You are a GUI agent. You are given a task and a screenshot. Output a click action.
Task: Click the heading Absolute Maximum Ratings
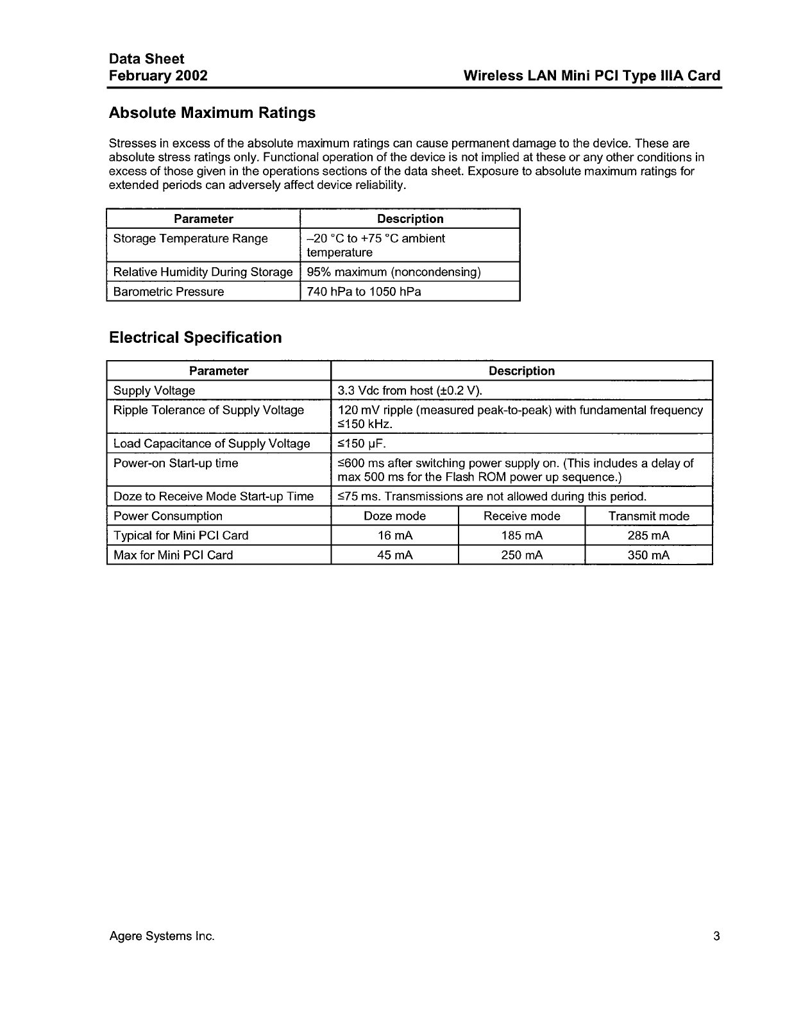212,113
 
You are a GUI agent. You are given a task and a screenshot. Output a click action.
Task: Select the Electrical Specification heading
195,338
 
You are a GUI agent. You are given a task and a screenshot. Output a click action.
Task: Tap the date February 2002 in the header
158,76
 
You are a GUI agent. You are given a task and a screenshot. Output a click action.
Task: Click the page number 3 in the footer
716,936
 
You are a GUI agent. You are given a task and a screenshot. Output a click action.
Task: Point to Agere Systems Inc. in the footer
162,936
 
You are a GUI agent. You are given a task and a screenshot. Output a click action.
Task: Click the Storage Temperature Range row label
190,238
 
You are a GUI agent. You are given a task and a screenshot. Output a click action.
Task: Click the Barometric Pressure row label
169,292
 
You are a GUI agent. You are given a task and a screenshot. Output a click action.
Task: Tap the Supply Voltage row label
154,390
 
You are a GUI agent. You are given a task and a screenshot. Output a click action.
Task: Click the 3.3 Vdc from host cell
410,390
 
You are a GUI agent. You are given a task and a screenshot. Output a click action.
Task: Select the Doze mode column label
394,516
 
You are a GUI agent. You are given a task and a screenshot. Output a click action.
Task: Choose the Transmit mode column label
648,516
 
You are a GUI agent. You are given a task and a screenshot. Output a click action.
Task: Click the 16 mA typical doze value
394,536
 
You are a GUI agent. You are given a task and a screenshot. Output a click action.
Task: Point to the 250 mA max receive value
521,555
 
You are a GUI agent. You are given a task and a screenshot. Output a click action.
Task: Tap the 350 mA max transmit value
648,555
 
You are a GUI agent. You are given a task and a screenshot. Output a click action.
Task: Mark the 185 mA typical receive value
521,536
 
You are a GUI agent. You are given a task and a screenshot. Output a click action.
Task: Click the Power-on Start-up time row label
176,463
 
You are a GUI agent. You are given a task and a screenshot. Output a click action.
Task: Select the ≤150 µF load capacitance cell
362,443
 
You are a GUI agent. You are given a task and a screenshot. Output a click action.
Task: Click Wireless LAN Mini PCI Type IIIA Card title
591,76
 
